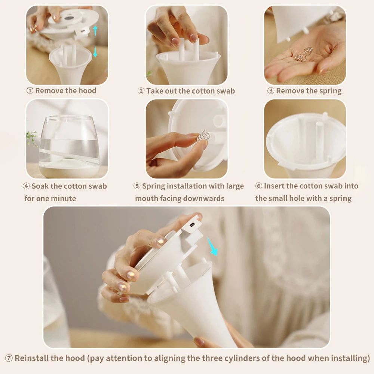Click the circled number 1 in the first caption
[30, 91]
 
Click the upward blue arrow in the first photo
[95, 31]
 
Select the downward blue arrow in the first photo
[95, 51]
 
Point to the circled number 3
[270, 91]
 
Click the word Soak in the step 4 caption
[40, 186]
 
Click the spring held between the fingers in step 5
[203, 136]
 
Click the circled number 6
[258, 186]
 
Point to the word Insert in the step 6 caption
[274, 186]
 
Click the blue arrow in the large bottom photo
[212, 246]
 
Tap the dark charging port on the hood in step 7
[192, 224]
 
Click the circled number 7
[9, 358]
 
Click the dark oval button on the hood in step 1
[69, 18]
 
